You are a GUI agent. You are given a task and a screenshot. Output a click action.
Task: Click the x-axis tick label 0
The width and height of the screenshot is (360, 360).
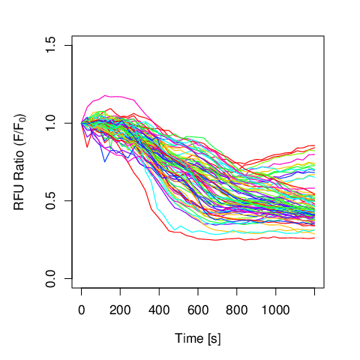(x=81, y=310)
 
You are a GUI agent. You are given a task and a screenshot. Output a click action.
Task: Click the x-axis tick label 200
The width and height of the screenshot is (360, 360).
(x=120, y=310)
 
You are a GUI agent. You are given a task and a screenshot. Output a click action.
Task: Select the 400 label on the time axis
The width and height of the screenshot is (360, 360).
(x=159, y=310)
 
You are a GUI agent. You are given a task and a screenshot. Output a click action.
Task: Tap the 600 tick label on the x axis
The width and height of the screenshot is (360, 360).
(x=198, y=310)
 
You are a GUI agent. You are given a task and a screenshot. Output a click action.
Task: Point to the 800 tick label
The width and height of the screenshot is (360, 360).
(x=237, y=310)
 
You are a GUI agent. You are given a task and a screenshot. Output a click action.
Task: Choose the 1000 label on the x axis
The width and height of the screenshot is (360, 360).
(x=275, y=310)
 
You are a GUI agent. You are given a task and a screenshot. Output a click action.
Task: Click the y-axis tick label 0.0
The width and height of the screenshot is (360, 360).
(x=50, y=278)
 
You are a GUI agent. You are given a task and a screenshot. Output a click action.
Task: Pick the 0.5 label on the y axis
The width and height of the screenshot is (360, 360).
(x=50, y=201)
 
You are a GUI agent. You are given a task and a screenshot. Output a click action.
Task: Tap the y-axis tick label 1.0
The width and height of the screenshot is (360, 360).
(x=50, y=123)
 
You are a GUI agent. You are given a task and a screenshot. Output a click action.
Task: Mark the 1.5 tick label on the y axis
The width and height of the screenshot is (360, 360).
(x=50, y=45)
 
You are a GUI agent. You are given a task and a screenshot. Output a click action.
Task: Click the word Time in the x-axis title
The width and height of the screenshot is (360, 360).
(x=189, y=338)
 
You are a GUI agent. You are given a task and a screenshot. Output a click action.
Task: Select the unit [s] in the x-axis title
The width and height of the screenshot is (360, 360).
(x=214, y=339)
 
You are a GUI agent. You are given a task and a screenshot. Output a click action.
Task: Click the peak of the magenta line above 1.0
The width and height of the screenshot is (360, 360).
(x=105, y=95)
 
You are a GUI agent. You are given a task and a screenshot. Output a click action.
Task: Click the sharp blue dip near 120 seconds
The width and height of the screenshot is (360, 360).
(x=105, y=162)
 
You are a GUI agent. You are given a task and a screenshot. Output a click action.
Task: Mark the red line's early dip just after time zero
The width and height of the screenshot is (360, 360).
(x=87, y=147)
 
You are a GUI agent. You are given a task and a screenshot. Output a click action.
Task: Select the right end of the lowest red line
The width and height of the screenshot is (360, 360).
(x=314, y=238)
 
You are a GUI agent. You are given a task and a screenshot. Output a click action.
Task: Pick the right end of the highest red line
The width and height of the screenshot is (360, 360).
(x=314, y=145)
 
